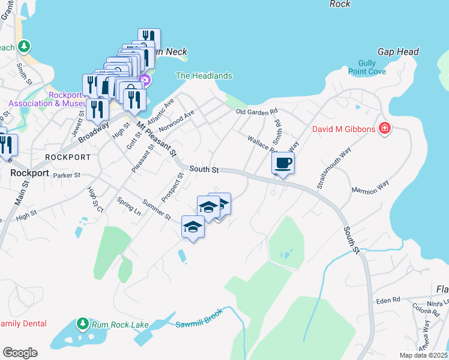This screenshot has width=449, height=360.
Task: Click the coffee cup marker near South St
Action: pyautogui.click(x=283, y=163)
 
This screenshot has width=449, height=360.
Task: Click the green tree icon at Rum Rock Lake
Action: pyautogui.click(x=82, y=325)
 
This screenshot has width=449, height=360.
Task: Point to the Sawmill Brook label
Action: pyautogui.click(x=199, y=319)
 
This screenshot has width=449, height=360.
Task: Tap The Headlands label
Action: pyautogui.click(x=203, y=76)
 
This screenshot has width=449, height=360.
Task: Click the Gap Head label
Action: pyautogui.click(x=398, y=52)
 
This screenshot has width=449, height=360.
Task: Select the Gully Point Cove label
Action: pyautogui.click(x=367, y=67)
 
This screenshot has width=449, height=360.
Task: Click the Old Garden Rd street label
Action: pyautogui.click(x=257, y=112)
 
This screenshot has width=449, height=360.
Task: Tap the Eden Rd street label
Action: pyautogui.click(x=388, y=300)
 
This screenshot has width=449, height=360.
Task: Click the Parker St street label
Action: pyautogui.click(x=66, y=176)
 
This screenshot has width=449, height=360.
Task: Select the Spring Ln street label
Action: pyautogui.click(x=129, y=207)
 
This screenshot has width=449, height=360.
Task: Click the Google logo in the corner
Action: pyautogui.click(x=20, y=353)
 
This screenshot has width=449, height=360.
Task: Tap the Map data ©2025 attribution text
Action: pyautogui.click(x=423, y=355)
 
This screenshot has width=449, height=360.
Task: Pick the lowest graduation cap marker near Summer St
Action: pyautogui.click(x=193, y=227)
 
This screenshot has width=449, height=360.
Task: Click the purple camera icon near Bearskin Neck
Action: pyautogui.click(x=145, y=80)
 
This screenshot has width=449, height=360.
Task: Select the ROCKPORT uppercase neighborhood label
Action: pyautogui.click(x=68, y=157)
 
